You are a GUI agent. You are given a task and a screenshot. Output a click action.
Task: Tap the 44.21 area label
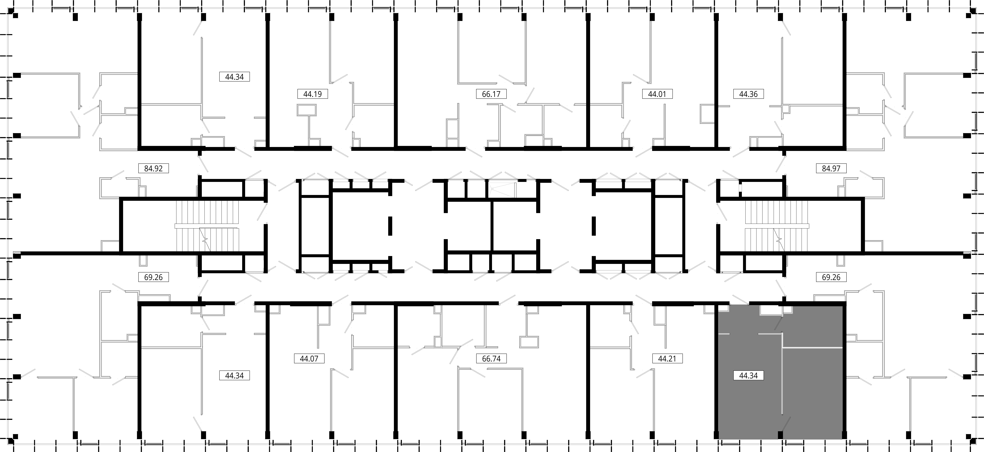tap(667, 358)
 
